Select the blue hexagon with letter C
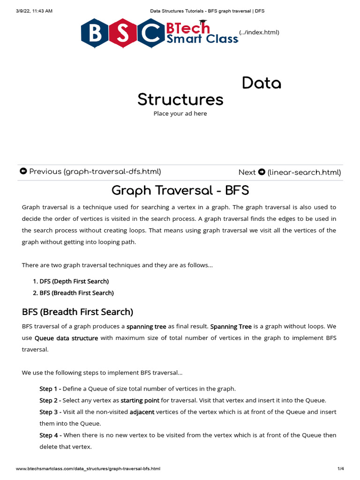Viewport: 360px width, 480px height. pos(150,33)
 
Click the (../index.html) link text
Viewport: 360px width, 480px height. pos(259,32)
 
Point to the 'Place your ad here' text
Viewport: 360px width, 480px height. pos(180,113)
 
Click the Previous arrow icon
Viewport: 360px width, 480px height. pos(23,172)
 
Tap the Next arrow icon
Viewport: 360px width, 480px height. pos(262,172)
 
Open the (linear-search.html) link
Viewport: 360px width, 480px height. pos(304,172)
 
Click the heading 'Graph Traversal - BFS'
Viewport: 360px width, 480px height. pos(180,191)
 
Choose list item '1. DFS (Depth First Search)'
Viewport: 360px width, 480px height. pos(71,281)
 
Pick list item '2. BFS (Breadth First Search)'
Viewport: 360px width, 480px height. pos(73,293)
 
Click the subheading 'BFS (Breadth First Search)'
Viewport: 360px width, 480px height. pos(77,312)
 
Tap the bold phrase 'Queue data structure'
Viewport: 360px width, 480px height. pos(67,338)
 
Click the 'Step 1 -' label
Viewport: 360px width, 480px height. pos(50,389)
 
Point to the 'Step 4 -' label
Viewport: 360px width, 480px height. pos(50,435)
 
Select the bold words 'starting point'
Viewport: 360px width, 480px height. pos(140,400)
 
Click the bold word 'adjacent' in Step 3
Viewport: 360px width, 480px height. pos(142,412)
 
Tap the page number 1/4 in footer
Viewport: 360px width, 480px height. pos(341,469)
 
